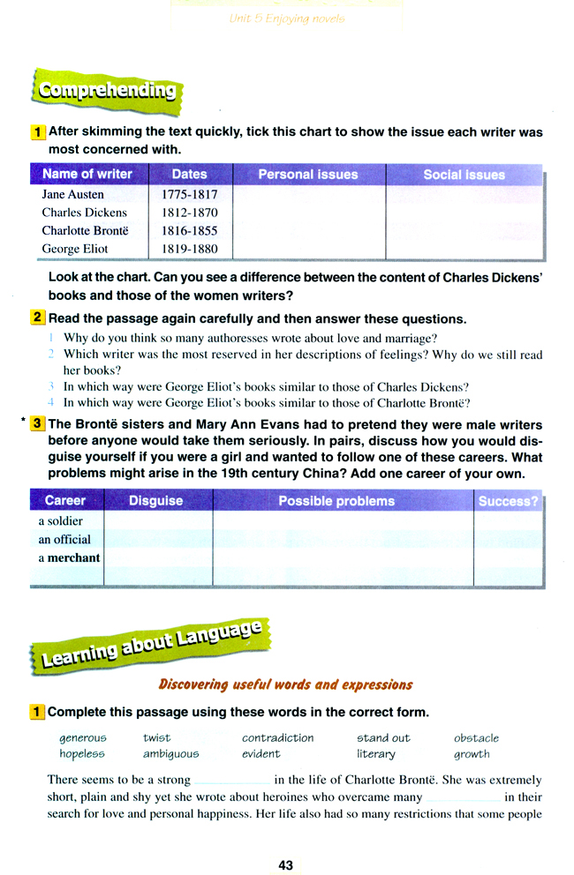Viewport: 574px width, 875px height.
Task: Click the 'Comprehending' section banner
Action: pyautogui.click(x=103, y=90)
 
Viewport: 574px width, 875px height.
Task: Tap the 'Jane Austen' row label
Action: pyautogui.click(x=72, y=194)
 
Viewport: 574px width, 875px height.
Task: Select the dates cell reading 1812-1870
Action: pyautogui.click(x=189, y=213)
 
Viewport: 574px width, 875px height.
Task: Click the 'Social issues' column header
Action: pyautogui.click(x=464, y=175)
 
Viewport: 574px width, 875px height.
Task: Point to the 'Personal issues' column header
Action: pyautogui.click(x=308, y=175)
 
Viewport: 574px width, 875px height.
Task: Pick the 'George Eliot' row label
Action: pyautogui.click(x=75, y=250)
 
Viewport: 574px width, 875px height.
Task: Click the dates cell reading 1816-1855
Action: pyautogui.click(x=189, y=231)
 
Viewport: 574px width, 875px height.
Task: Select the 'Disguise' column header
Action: pyautogui.click(x=155, y=501)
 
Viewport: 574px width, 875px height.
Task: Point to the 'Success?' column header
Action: pyautogui.click(x=508, y=501)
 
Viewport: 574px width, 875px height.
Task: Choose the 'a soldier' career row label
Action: pyautogui.click(x=60, y=521)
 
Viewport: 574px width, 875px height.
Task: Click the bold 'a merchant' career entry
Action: pyautogui.click(x=69, y=557)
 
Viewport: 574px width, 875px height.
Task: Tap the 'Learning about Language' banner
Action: pyautogui.click(x=147, y=642)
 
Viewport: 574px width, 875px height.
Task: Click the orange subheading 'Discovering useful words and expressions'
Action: pyautogui.click(x=284, y=684)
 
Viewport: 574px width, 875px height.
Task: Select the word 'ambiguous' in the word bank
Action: pyautogui.click(x=170, y=754)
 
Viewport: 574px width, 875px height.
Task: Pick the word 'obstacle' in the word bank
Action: pyautogui.click(x=476, y=737)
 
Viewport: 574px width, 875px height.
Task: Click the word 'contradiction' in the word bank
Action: pyautogui.click(x=277, y=737)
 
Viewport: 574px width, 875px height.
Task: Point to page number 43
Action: pyautogui.click(x=285, y=865)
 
